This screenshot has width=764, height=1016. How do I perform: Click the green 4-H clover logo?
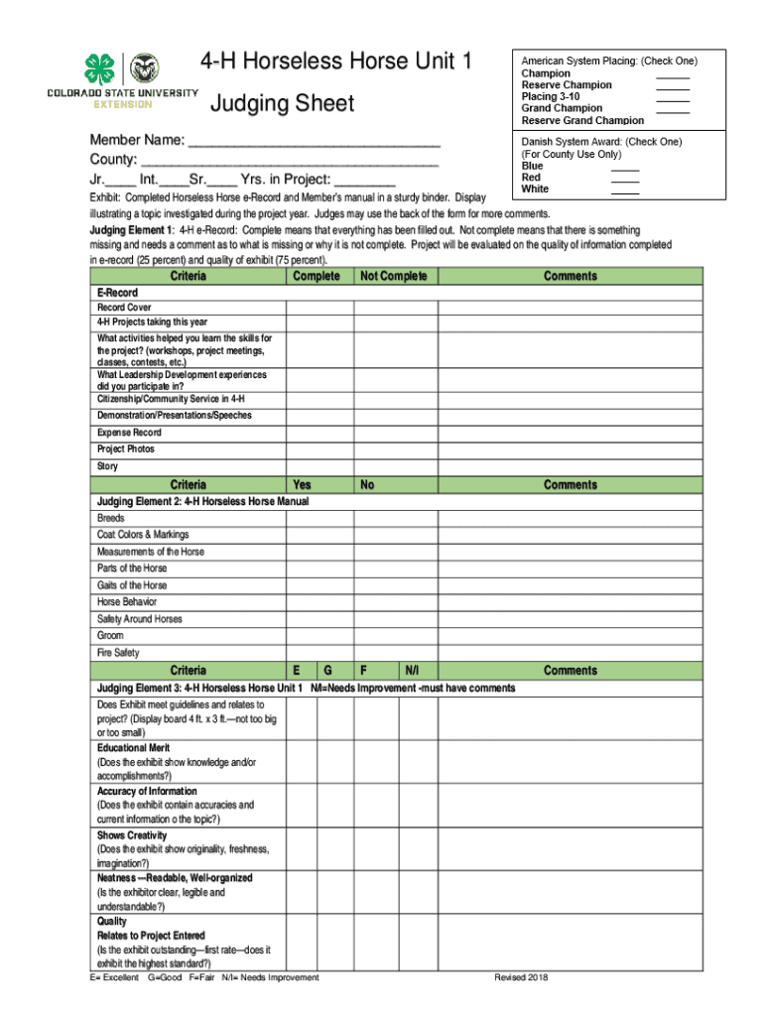pyautogui.click(x=100, y=68)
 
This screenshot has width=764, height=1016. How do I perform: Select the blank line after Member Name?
pyautogui.click(x=314, y=142)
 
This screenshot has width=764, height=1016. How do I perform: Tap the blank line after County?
pyautogui.click(x=290, y=161)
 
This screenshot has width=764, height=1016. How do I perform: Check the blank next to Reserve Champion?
pyautogui.click(x=672, y=85)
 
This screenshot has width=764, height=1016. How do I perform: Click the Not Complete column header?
pyautogui.click(x=394, y=276)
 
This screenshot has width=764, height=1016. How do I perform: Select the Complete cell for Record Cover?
pyautogui.click(x=319, y=308)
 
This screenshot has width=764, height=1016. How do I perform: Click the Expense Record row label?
pyautogui.click(x=129, y=433)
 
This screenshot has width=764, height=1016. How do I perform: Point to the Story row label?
pyautogui.click(x=107, y=466)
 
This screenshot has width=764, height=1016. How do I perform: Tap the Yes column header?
pyautogui.click(x=302, y=484)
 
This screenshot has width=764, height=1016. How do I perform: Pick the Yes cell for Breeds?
pyautogui.click(x=319, y=518)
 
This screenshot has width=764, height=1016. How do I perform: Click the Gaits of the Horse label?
pyautogui.click(x=132, y=585)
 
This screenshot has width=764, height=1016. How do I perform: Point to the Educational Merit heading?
pyautogui.click(x=133, y=748)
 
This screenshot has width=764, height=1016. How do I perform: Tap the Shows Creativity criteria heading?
pyautogui.click(x=132, y=835)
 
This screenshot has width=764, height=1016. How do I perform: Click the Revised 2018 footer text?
pyautogui.click(x=521, y=977)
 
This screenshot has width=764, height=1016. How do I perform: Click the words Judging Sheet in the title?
pyautogui.click(x=282, y=103)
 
